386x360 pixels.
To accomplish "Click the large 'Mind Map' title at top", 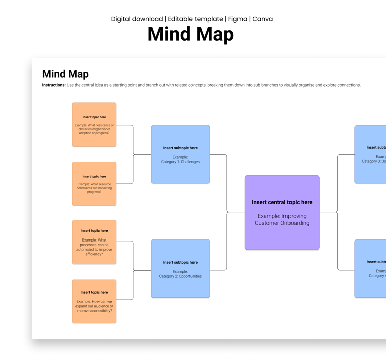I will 190,35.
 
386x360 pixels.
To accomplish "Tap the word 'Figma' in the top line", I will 237,19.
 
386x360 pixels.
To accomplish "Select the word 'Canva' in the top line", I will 262,19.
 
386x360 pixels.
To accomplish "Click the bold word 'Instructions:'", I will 54,85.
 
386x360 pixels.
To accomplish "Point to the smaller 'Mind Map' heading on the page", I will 65,74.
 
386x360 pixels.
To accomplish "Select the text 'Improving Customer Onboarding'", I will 282,220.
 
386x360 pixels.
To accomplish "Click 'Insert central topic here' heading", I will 282,202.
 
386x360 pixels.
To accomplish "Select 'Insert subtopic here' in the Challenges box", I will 180,148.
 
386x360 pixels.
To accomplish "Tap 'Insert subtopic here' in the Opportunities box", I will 180,262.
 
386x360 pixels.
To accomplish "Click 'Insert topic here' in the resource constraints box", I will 94,177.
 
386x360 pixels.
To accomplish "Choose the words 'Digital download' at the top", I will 137,19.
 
